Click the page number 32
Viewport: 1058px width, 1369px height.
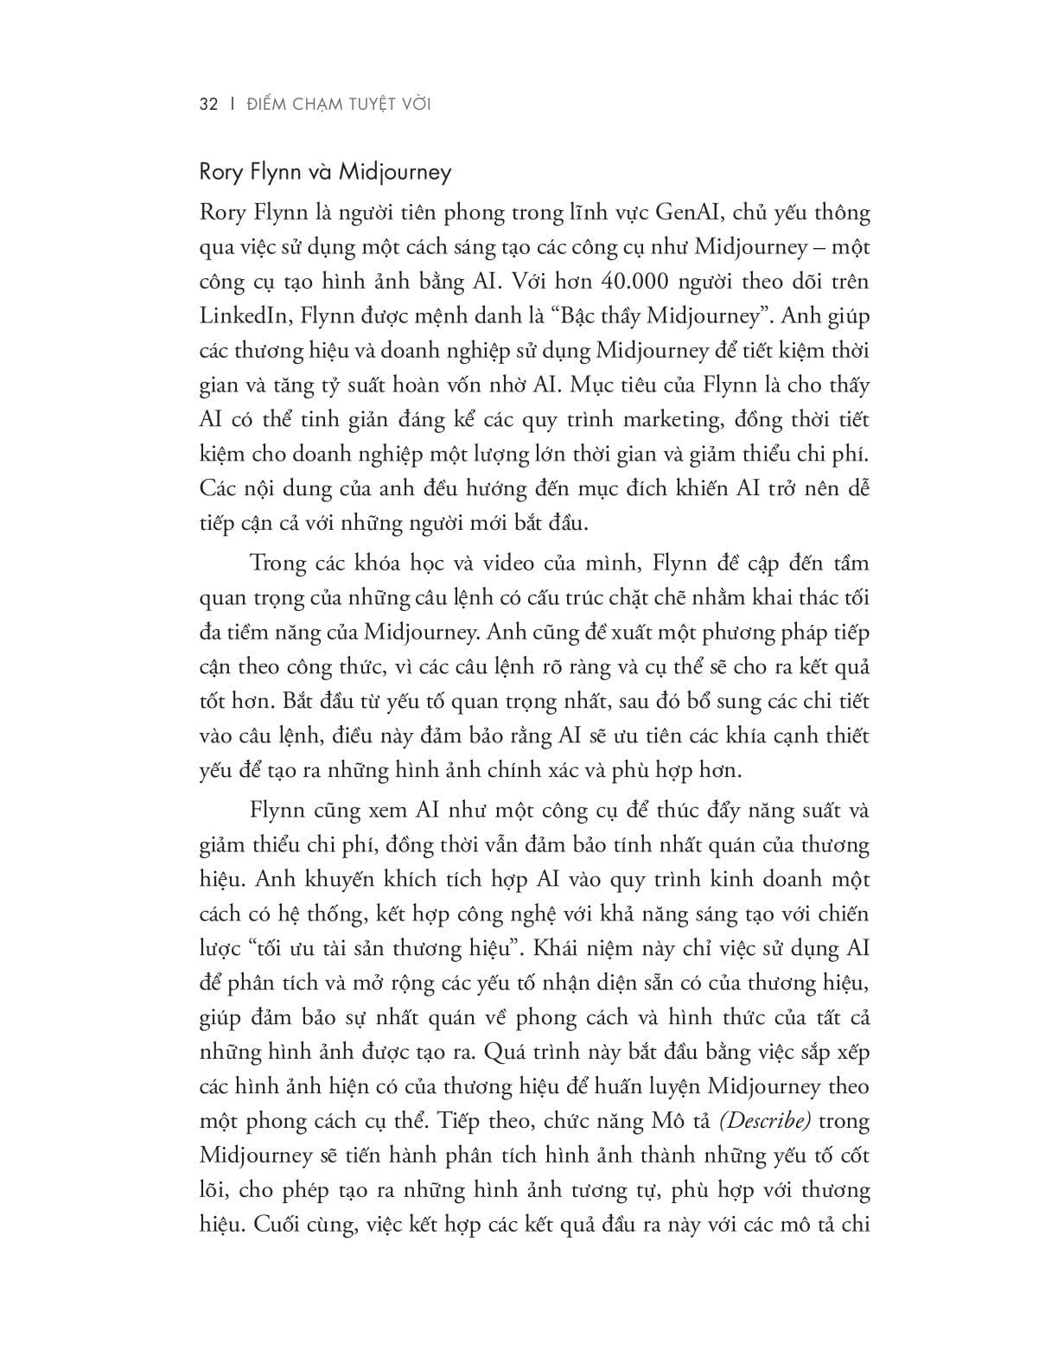[207, 105]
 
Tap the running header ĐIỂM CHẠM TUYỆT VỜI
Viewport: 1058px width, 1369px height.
[338, 105]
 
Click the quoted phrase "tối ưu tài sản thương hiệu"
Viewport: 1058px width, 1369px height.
[386, 948]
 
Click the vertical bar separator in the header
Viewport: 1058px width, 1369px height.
[232, 105]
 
